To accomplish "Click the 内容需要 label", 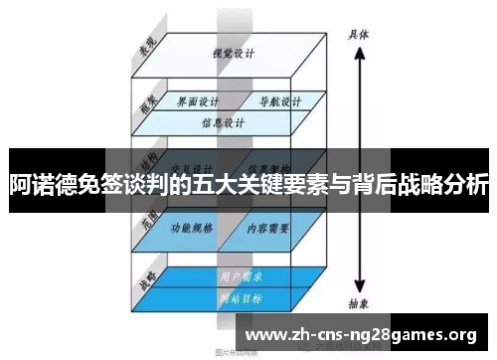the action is [267, 229].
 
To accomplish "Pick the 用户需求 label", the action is [237, 275].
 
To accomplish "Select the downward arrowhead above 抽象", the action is [359, 286].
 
